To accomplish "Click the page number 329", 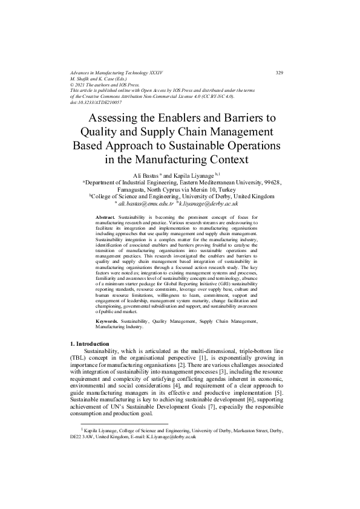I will pyautogui.click(x=279, y=73).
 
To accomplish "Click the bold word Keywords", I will pyautogui.click(x=108, y=322).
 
